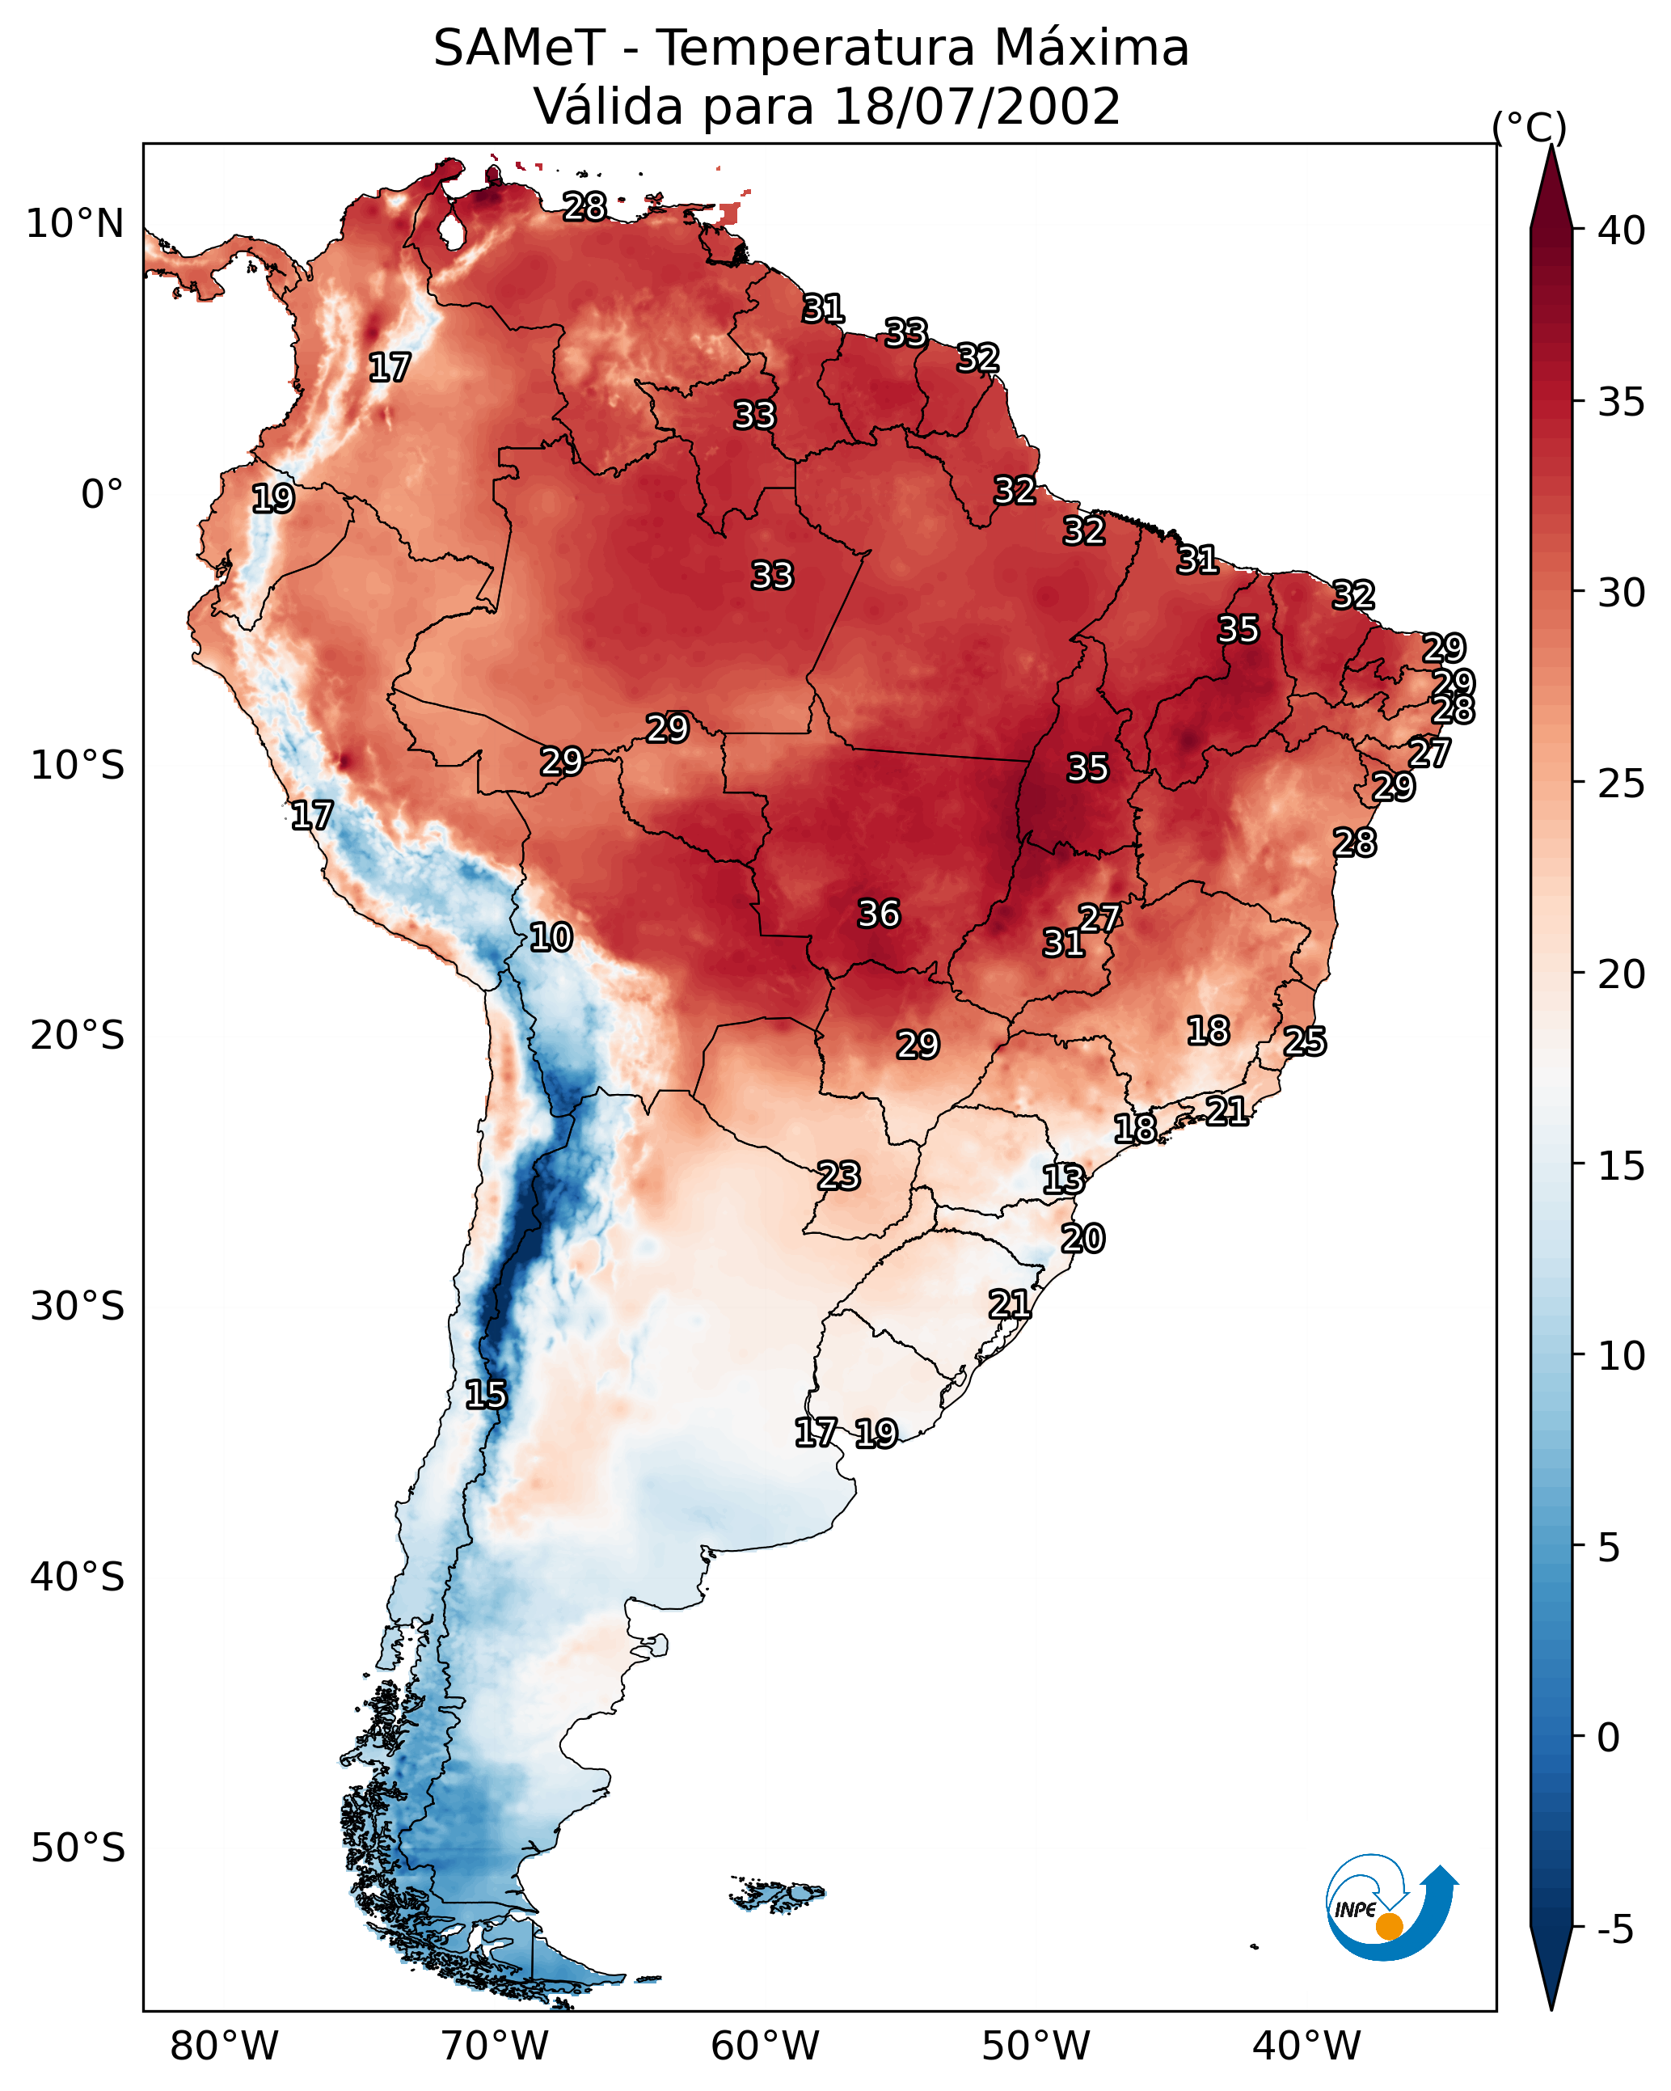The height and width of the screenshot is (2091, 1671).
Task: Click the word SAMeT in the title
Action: coord(518,49)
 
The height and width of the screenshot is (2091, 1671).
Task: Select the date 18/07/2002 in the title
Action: coord(976,107)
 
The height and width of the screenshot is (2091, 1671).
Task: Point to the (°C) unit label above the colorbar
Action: coord(1529,127)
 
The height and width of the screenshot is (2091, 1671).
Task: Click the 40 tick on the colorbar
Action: coord(1622,230)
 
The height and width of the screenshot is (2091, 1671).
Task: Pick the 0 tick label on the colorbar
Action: coord(1608,1738)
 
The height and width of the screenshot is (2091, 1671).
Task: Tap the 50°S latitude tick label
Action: coord(78,1848)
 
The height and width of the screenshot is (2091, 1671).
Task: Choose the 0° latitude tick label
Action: coord(102,495)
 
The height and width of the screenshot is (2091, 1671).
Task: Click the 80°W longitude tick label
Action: coord(224,2047)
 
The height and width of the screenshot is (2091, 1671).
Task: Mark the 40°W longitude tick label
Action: coord(1306,2047)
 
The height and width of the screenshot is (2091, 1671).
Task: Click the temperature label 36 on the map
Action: coord(879,914)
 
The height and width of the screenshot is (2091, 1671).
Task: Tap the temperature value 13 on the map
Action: coord(1063,1180)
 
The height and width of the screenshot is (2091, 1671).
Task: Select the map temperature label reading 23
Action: coord(838,1176)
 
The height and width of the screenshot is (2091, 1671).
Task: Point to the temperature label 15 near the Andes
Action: coord(485,1395)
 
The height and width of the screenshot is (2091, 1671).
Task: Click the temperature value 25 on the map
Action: coord(1305,1041)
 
